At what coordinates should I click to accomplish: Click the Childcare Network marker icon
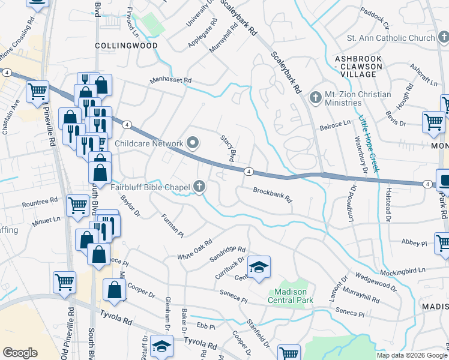[193, 143]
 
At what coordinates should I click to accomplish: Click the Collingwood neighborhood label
[126, 45]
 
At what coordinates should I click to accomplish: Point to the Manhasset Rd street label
[170, 80]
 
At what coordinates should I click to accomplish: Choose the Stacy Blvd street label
[227, 148]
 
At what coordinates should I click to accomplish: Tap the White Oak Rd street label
[195, 249]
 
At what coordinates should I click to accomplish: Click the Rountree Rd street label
[41, 200]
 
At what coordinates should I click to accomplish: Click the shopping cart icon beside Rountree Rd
[78, 206]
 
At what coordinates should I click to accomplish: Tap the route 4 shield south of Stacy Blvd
[247, 172]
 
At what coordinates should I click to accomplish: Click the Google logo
[20, 353]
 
